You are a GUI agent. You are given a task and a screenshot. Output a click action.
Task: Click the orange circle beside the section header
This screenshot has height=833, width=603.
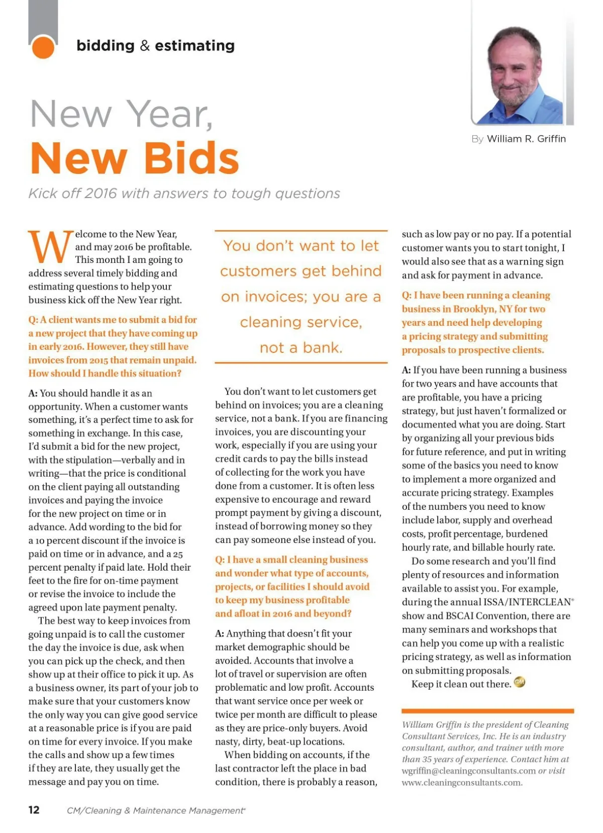[43, 47]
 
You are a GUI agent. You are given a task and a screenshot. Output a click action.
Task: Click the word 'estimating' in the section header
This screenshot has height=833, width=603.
[194, 46]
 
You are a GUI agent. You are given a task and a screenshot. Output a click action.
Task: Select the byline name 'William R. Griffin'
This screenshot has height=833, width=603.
[526, 139]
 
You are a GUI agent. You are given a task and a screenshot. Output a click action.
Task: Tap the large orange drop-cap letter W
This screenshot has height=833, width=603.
[50, 247]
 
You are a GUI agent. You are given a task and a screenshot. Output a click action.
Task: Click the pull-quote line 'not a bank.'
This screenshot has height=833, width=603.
[300, 347]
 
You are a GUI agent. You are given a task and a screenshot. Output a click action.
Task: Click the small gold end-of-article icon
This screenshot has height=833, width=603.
[520, 683]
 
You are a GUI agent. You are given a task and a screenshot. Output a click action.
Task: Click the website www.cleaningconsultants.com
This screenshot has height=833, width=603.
[462, 782]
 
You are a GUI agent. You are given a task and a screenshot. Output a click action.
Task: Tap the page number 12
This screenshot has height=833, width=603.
[34, 809]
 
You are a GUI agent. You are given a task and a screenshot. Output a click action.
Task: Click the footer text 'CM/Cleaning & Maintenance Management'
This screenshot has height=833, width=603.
[155, 810]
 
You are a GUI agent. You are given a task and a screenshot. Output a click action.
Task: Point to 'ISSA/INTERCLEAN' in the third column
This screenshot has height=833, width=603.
[527, 602]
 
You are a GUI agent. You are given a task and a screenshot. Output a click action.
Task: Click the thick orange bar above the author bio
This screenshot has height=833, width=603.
[487, 711]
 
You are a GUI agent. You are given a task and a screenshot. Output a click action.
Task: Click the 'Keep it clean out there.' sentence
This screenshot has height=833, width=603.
[461, 684]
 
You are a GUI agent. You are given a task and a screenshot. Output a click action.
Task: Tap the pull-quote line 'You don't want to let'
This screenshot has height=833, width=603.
[300, 246]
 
